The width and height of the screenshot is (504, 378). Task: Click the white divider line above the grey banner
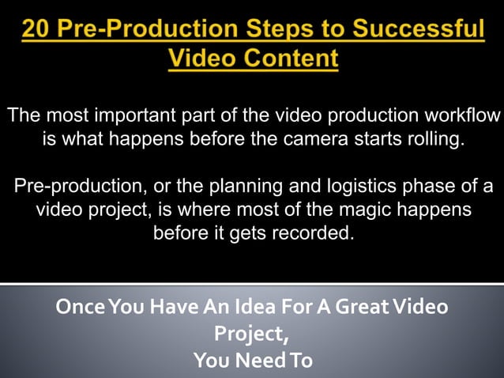pyautogui.click(x=252, y=283)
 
